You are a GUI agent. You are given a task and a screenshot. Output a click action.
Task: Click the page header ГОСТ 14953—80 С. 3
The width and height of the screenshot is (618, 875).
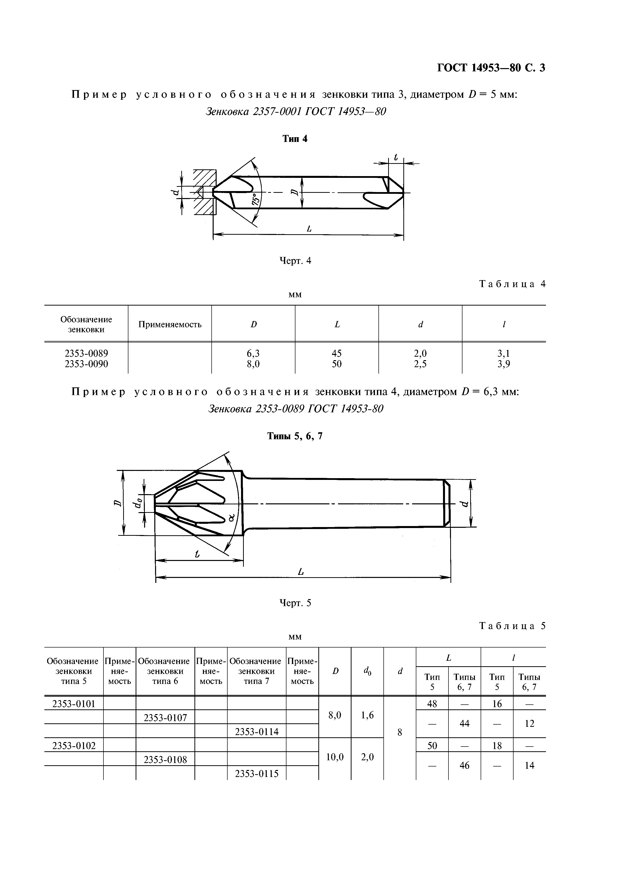(491, 68)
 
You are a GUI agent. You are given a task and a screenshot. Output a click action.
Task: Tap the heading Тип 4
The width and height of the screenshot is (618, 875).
(295, 139)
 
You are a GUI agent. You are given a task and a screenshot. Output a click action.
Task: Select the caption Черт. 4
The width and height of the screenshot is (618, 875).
(295, 261)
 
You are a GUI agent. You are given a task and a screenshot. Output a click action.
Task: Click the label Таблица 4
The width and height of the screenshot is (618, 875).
(512, 284)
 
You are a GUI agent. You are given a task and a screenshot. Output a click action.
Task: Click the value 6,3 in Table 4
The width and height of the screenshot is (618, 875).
(253, 353)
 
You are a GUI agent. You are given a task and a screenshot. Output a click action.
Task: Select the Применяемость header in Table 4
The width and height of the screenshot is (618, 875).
(170, 324)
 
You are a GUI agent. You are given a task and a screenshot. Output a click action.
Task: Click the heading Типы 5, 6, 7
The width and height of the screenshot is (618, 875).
(295, 436)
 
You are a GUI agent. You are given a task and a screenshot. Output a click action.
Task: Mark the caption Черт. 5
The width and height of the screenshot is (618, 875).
(295, 603)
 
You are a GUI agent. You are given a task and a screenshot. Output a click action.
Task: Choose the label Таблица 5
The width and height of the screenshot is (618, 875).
(512, 626)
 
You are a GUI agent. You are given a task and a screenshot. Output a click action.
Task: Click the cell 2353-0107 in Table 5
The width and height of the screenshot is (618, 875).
(165, 718)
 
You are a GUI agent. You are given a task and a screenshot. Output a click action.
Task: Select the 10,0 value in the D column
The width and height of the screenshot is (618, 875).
(335, 757)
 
